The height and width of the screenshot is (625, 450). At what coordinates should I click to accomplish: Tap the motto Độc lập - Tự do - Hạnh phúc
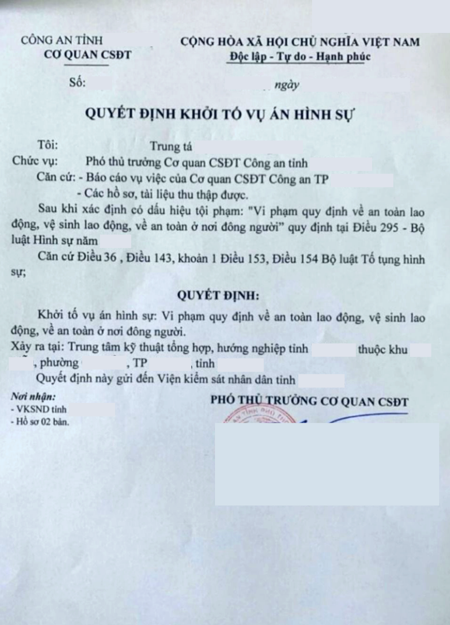(x=299, y=57)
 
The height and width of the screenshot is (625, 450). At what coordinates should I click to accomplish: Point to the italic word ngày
(x=287, y=85)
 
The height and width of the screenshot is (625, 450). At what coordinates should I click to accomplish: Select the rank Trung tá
(x=171, y=147)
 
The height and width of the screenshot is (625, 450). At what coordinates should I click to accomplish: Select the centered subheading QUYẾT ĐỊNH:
(x=218, y=295)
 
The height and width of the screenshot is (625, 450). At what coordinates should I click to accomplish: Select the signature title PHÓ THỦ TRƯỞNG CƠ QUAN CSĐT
(x=309, y=401)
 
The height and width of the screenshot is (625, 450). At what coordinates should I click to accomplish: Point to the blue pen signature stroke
(x=367, y=417)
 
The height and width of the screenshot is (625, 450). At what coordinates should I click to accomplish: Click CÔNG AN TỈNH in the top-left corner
(x=62, y=40)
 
